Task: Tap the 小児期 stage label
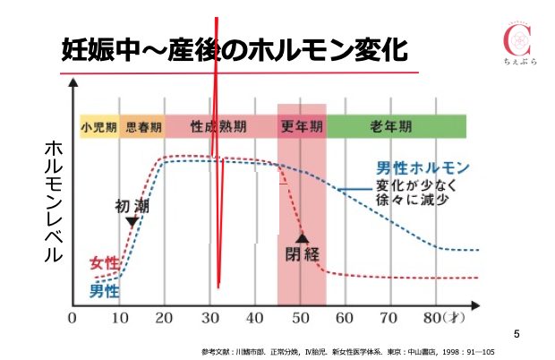(98, 127)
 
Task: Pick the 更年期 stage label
(302, 127)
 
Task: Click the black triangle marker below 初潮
(132, 221)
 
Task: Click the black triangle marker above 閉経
(303, 238)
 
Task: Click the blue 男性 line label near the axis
(104, 290)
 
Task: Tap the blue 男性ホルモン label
(423, 169)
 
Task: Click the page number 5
(517, 334)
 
